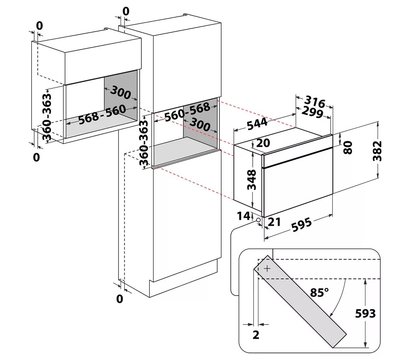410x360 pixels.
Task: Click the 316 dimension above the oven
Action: tap(315, 102)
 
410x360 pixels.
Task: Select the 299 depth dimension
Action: tap(312, 112)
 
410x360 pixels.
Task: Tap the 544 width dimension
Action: tap(257, 124)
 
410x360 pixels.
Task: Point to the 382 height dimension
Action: tap(377, 151)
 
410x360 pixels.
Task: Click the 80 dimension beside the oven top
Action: tap(348, 148)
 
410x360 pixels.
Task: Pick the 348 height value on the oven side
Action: tap(252, 180)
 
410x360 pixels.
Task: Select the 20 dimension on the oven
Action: tap(263, 143)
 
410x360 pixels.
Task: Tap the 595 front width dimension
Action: tap(301, 224)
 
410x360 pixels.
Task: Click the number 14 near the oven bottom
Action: tap(243, 216)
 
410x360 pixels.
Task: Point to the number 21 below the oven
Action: tap(274, 222)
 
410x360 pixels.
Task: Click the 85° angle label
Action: tap(319, 292)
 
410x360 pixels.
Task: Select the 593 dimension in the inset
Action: tap(365, 313)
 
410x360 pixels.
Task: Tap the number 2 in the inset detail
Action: tap(256, 334)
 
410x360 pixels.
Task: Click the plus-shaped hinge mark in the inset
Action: tap(267, 268)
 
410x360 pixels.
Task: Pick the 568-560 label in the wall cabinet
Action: tap(102, 115)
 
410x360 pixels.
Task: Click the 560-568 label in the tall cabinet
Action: tap(187, 112)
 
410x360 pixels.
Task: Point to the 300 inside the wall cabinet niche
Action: tap(121, 92)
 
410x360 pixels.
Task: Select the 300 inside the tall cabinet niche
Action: tap(200, 125)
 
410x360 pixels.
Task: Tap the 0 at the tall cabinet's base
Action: tap(120, 299)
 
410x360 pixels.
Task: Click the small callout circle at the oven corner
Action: tap(258, 220)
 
